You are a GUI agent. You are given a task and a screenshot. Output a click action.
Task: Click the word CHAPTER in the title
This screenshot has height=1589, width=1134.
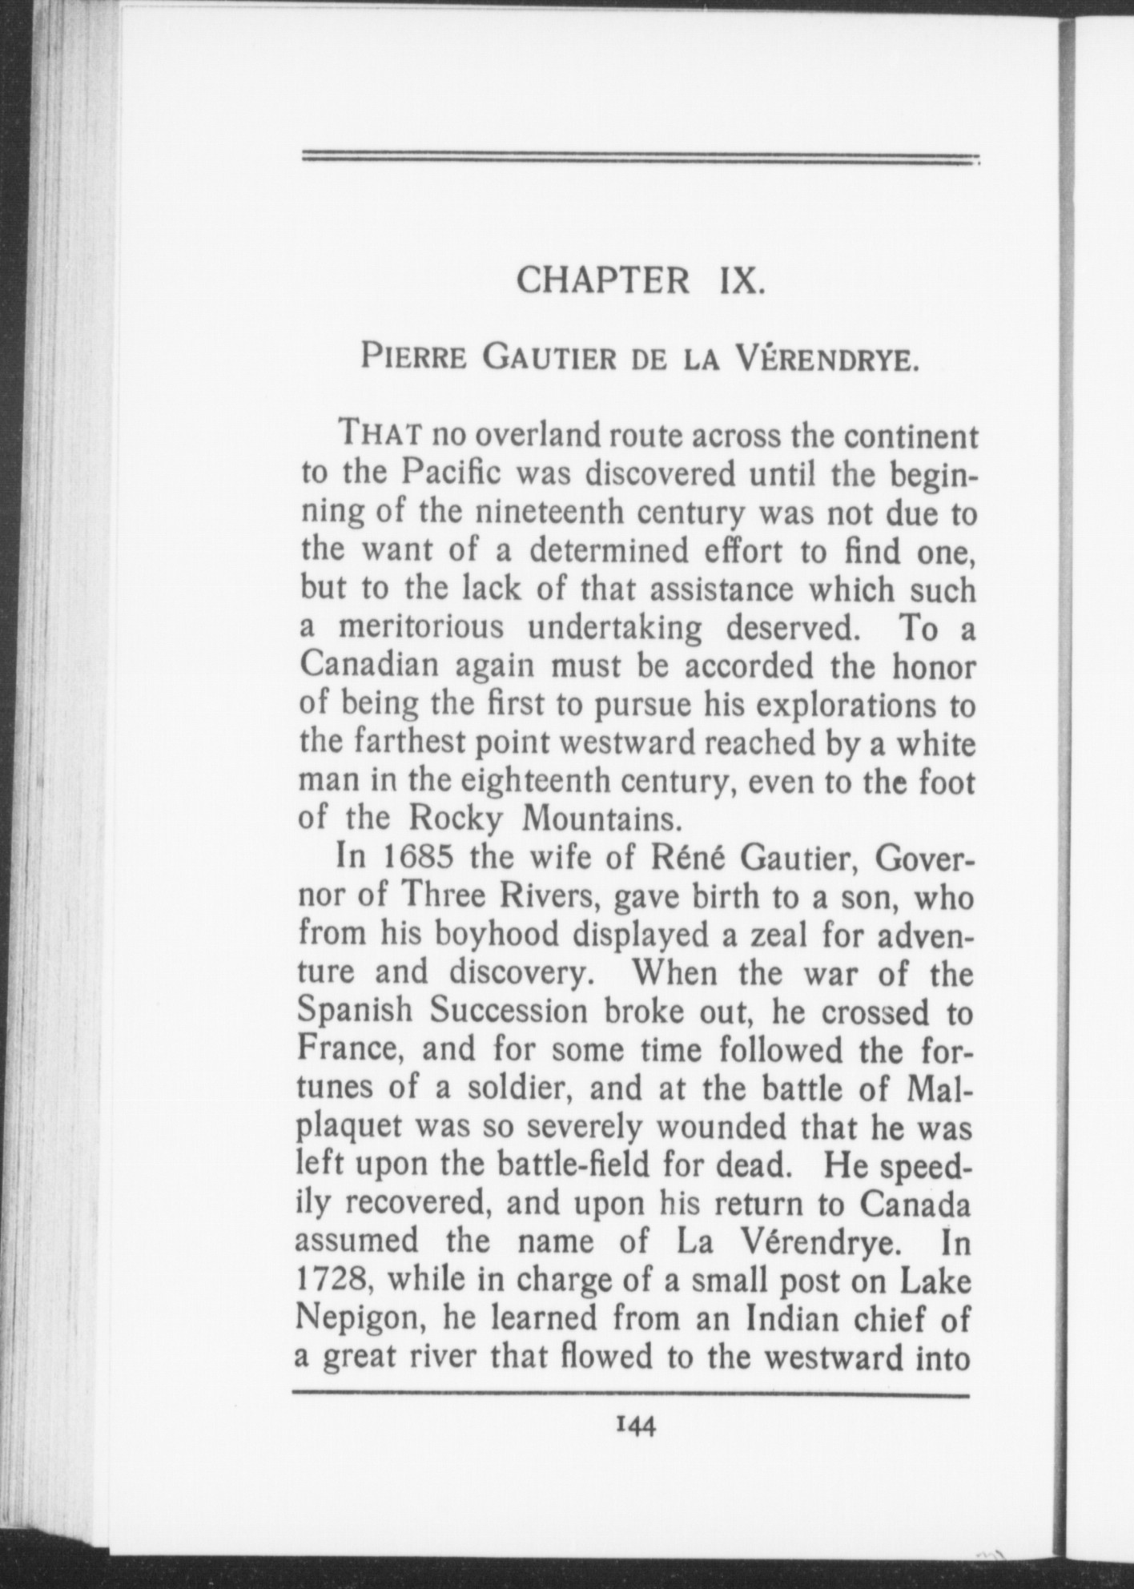tap(602, 280)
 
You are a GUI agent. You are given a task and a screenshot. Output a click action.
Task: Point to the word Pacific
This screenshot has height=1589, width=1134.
tap(451, 474)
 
